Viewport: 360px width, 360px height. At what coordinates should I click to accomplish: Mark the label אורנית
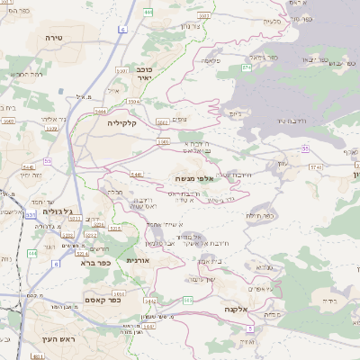(x=137, y=260)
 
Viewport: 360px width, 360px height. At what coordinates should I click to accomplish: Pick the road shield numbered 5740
(x=315, y=167)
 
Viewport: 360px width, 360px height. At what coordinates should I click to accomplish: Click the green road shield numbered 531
(x=31, y=215)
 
